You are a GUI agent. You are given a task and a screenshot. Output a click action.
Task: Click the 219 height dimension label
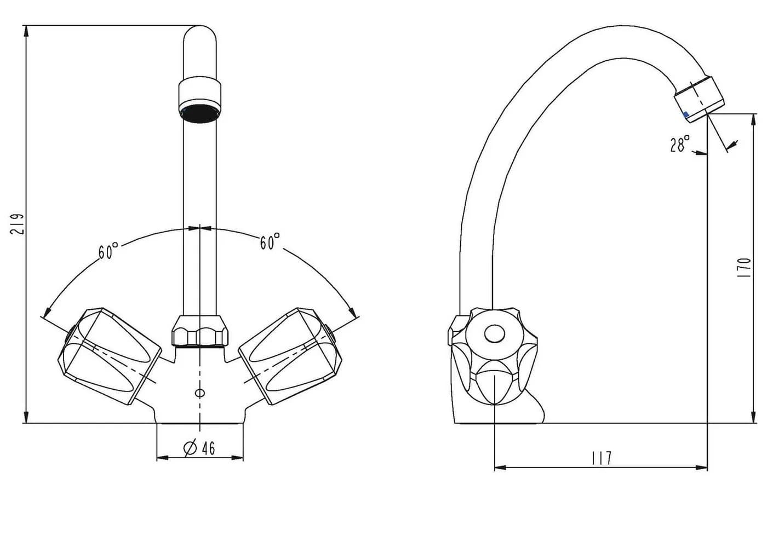tap(17, 224)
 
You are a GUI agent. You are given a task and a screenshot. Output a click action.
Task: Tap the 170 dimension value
tap(744, 268)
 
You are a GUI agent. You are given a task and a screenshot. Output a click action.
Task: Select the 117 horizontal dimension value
tap(602, 458)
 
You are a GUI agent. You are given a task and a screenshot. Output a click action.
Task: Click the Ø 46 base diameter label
tap(199, 448)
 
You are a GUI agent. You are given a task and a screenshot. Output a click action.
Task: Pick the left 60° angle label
tap(108, 251)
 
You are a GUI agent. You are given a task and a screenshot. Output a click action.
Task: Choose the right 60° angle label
tap(270, 241)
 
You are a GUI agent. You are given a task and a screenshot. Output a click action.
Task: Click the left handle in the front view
tap(110, 356)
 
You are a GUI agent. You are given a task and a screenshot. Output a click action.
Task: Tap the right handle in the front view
tap(290, 356)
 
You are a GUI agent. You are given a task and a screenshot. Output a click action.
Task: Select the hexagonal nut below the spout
tap(199, 331)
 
